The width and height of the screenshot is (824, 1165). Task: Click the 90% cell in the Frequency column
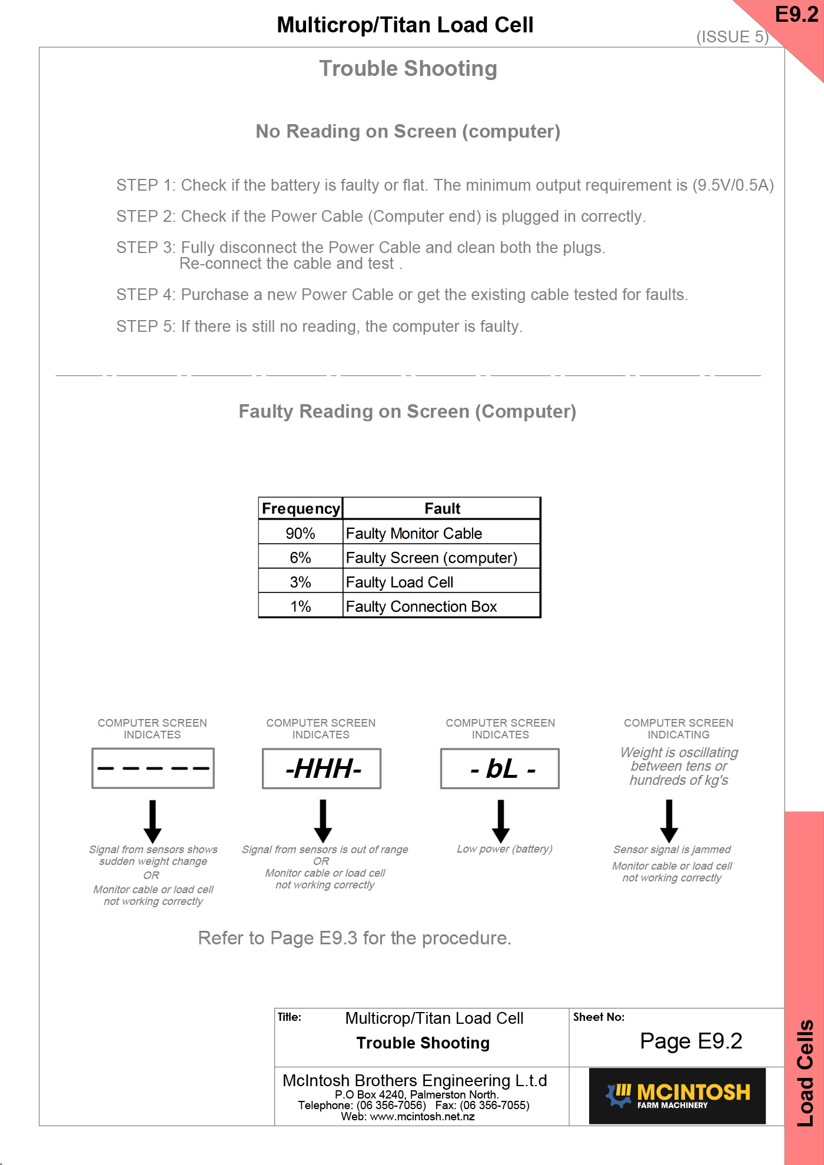click(300, 533)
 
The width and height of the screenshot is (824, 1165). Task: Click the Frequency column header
click(301, 508)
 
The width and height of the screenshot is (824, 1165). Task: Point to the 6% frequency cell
click(300, 557)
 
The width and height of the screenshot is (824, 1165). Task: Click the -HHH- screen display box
click(322, 768)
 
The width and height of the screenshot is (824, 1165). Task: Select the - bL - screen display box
click(500, 768)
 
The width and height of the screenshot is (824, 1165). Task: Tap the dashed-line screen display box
click(153, 768)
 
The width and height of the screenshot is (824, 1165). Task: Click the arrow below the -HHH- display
click(323, 820)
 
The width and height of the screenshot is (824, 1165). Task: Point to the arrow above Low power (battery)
click(500, 820)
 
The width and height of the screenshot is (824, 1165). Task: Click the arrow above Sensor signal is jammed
click(669, 820)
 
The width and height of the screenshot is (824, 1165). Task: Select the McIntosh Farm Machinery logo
click(677, 1096)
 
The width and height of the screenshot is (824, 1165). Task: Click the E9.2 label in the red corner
click(796, 15)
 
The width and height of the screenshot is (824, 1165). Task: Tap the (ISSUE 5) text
click(732, 37)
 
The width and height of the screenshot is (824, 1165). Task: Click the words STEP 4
click(145, 294)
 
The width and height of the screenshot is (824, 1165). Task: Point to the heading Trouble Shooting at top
click(408, 69)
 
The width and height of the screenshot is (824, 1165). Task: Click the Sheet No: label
click(599, 1017)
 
